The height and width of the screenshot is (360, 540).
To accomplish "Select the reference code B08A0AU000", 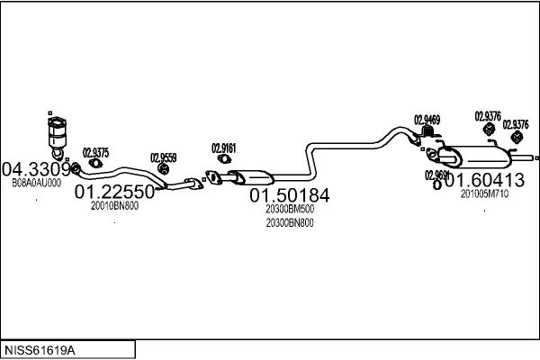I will (36, 182).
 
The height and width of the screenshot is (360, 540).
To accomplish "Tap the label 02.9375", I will (95, 152).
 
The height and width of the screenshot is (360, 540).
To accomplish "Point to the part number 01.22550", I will (114, 192).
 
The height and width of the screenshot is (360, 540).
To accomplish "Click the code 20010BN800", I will (114, 205).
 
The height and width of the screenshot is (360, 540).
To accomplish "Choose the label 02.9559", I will (163, 157).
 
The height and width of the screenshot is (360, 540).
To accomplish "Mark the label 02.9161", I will (224, 148).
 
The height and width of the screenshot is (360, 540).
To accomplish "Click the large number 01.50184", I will (289, 195).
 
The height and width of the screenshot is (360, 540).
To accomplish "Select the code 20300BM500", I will (289, 210).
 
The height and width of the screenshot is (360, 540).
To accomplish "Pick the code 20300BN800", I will (289, 223).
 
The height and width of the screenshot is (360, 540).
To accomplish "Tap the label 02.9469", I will (427, 120).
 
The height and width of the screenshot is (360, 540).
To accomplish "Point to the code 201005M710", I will (484, 193).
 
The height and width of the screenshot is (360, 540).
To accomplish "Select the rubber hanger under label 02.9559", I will (164, 169).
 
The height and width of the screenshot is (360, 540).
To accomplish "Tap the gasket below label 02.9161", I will (214, 176).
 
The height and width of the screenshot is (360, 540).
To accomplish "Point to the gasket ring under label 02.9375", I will (94, 166).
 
